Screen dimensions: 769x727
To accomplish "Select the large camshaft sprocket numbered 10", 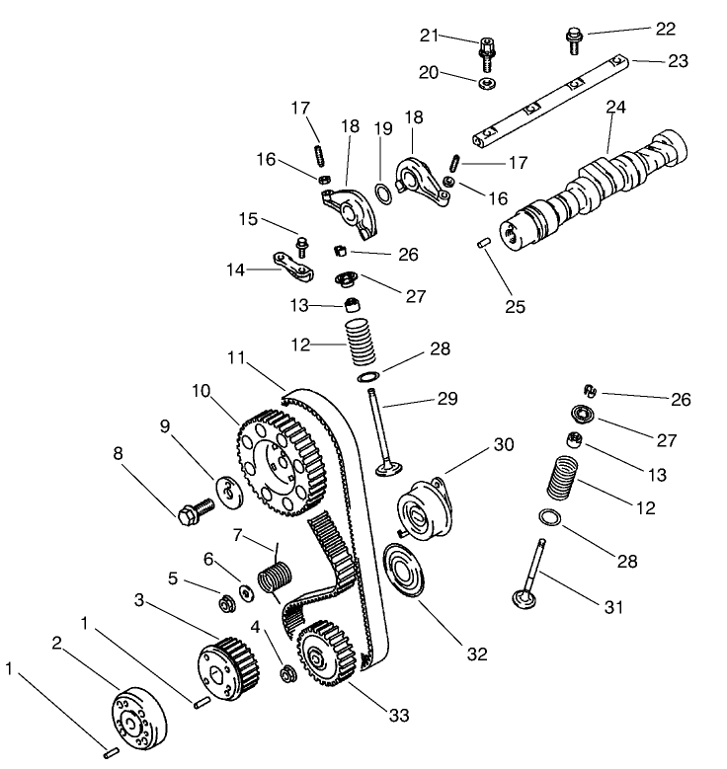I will click(282, 459).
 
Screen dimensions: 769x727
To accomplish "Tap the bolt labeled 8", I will click(195, 512).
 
